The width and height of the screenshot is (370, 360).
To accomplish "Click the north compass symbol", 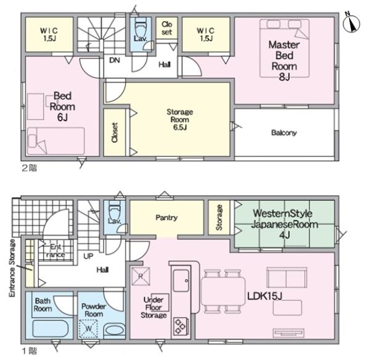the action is click(x=351, y=23).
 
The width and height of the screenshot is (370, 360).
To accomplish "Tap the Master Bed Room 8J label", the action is click(x=284, y=61).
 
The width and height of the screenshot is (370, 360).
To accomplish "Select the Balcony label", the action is click(x=284, y=133).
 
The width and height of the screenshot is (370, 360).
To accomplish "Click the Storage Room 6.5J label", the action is click(x=180, y=120).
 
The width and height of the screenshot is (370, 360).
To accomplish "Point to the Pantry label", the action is click(x=166, y=217).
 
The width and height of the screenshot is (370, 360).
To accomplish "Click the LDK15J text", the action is click(x=265, y=296).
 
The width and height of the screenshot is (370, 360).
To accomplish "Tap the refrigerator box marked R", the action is click(x=141, y=276).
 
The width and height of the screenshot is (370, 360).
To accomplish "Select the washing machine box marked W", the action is click(x=88, y=329).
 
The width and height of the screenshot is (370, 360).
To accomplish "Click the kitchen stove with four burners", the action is click(x=181, y=327).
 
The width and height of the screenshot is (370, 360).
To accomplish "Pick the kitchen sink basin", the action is click(x=181, y=281).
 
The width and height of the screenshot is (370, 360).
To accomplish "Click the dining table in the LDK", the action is click(x=223, y=291).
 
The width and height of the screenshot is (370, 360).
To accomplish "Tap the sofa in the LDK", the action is click(x=287, y=277).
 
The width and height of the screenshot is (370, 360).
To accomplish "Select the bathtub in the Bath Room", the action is click(x=51, y=329).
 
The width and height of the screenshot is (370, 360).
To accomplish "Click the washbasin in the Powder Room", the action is click(x=115, y=329).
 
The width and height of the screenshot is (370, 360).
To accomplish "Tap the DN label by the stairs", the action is click(x=115, y=61).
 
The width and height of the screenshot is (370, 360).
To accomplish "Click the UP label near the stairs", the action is click(x=88, y=256).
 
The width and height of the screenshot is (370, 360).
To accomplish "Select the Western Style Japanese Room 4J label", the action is click(x=284, y=224).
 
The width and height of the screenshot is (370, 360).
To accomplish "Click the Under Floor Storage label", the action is click(x=154, y=308).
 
